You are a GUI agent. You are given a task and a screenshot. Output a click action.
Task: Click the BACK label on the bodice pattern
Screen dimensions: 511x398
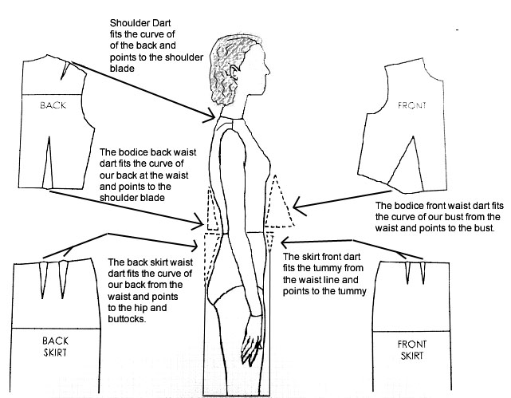coord(53,104)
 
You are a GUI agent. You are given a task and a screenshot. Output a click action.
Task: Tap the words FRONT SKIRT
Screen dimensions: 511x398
coord(412,349)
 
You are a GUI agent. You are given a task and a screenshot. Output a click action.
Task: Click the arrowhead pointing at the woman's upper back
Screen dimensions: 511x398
coord(214,120)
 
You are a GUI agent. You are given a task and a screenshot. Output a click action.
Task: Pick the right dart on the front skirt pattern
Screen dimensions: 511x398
coord(419,275)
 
